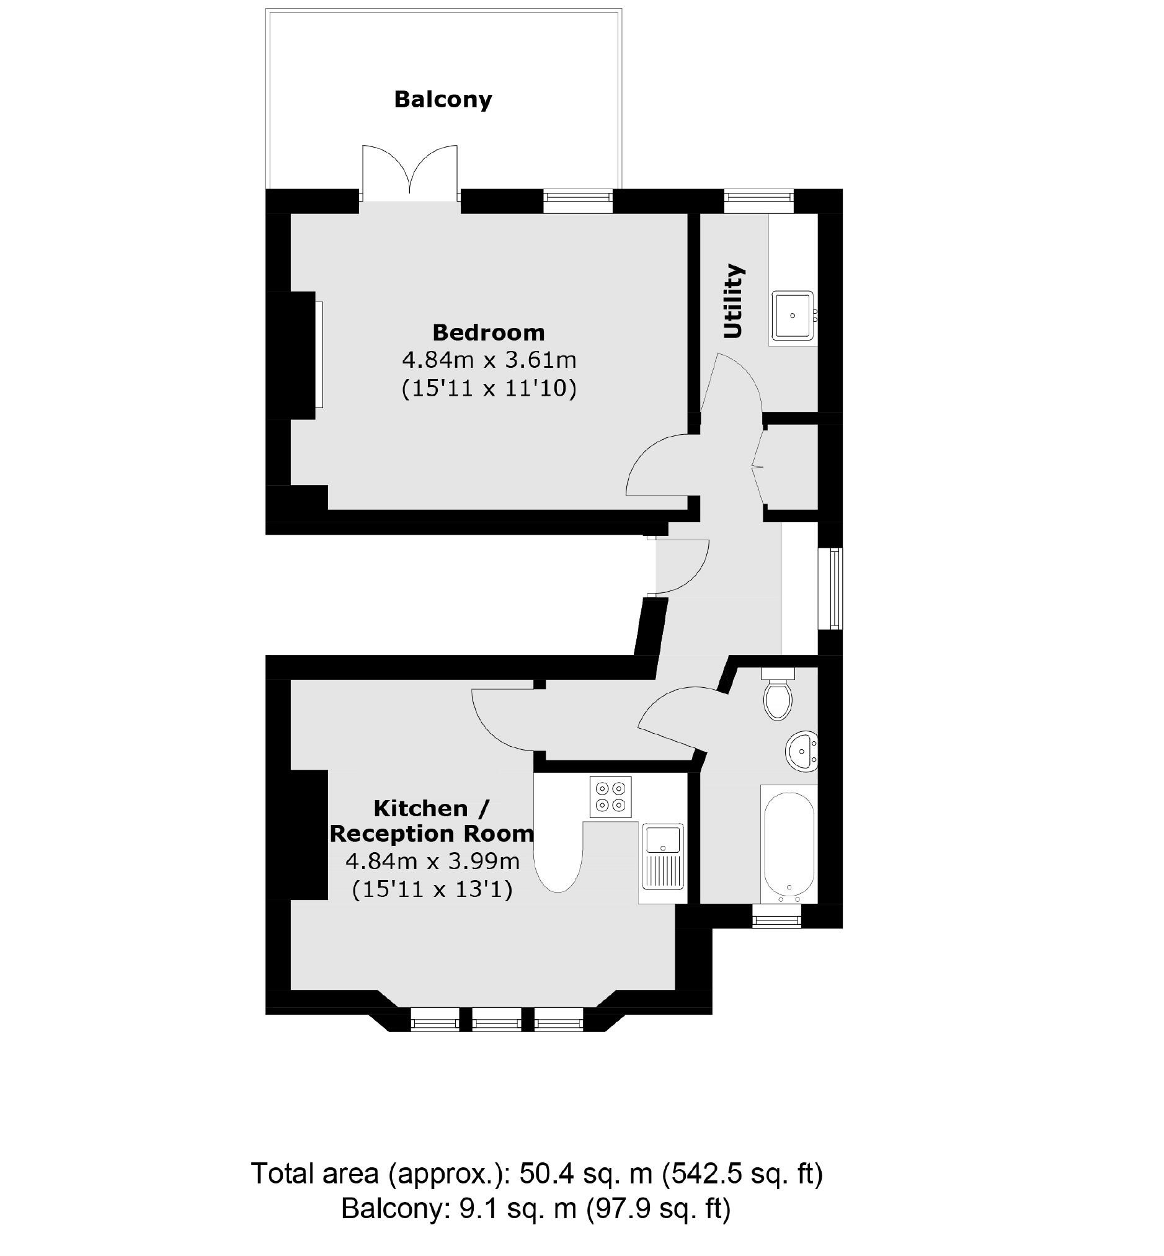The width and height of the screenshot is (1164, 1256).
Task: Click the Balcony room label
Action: coord(443,99)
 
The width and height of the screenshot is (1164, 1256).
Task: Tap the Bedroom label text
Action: coord(488,332)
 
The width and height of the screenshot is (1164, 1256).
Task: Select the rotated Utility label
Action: coord(734,301)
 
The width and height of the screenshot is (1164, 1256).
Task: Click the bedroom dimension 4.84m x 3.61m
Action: coord(489,360)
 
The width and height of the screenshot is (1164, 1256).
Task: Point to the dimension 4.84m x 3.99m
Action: coord(432,860)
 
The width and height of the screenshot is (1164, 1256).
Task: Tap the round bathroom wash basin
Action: coord(801,750)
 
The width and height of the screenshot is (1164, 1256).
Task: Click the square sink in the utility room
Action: coord(793,315)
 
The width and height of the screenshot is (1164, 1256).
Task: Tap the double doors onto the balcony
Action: coord(410,171)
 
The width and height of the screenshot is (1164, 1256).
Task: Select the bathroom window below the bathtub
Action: coord(777,922)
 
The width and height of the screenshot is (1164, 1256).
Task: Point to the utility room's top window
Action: coord(758,201)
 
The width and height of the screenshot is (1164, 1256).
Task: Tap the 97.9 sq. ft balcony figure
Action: coord(658,1208)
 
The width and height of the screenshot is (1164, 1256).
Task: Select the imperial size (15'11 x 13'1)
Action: coord(432,889)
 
